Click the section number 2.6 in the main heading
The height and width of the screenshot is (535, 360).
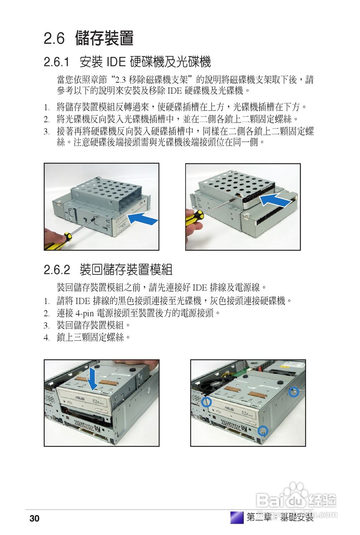tap(54, 39)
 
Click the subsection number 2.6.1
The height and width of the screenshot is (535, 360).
tap(56, 63)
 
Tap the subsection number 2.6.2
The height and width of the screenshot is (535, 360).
tap(56, 270)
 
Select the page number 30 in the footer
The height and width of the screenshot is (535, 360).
tap(34, 519)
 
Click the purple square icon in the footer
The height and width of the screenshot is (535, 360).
tap(237, 517)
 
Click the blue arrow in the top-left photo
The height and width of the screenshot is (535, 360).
tap(142, 218)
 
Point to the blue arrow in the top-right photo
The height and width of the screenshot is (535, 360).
tap(274, 201)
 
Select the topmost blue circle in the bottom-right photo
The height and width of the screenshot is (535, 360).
tap(294, 392)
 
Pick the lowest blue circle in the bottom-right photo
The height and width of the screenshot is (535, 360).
tap(262, 430)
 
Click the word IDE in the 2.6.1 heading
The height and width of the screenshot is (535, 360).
tap(116, 63)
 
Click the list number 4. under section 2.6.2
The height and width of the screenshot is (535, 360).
tap(47, 337)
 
